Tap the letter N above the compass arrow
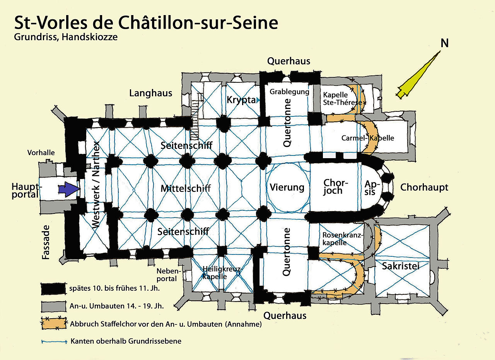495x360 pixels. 445,43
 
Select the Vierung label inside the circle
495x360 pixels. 287,188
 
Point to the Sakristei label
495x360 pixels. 400,266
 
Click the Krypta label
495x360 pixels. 239,100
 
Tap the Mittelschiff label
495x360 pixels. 186,188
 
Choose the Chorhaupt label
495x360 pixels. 424,188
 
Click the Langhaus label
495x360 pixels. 151,93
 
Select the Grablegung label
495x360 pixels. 289,92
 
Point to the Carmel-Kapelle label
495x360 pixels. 367,138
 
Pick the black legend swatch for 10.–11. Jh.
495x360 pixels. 53,288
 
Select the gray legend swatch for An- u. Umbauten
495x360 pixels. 53,305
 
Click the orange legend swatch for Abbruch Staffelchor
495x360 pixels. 53,323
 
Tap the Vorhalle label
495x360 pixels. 41,152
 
